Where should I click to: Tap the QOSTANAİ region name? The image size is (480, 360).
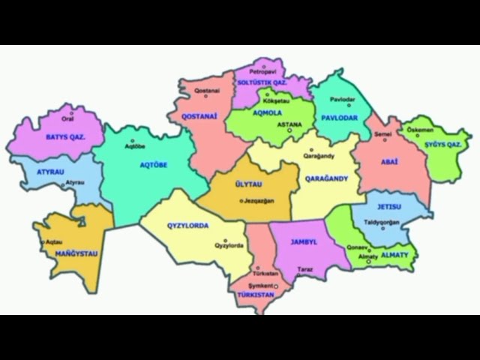point(199,117)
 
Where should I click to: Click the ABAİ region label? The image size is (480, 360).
point(389,162)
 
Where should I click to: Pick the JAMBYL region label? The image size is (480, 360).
point(304,242)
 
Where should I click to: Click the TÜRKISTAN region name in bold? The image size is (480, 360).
point(255,295)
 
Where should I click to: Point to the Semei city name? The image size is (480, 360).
point(383,133)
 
